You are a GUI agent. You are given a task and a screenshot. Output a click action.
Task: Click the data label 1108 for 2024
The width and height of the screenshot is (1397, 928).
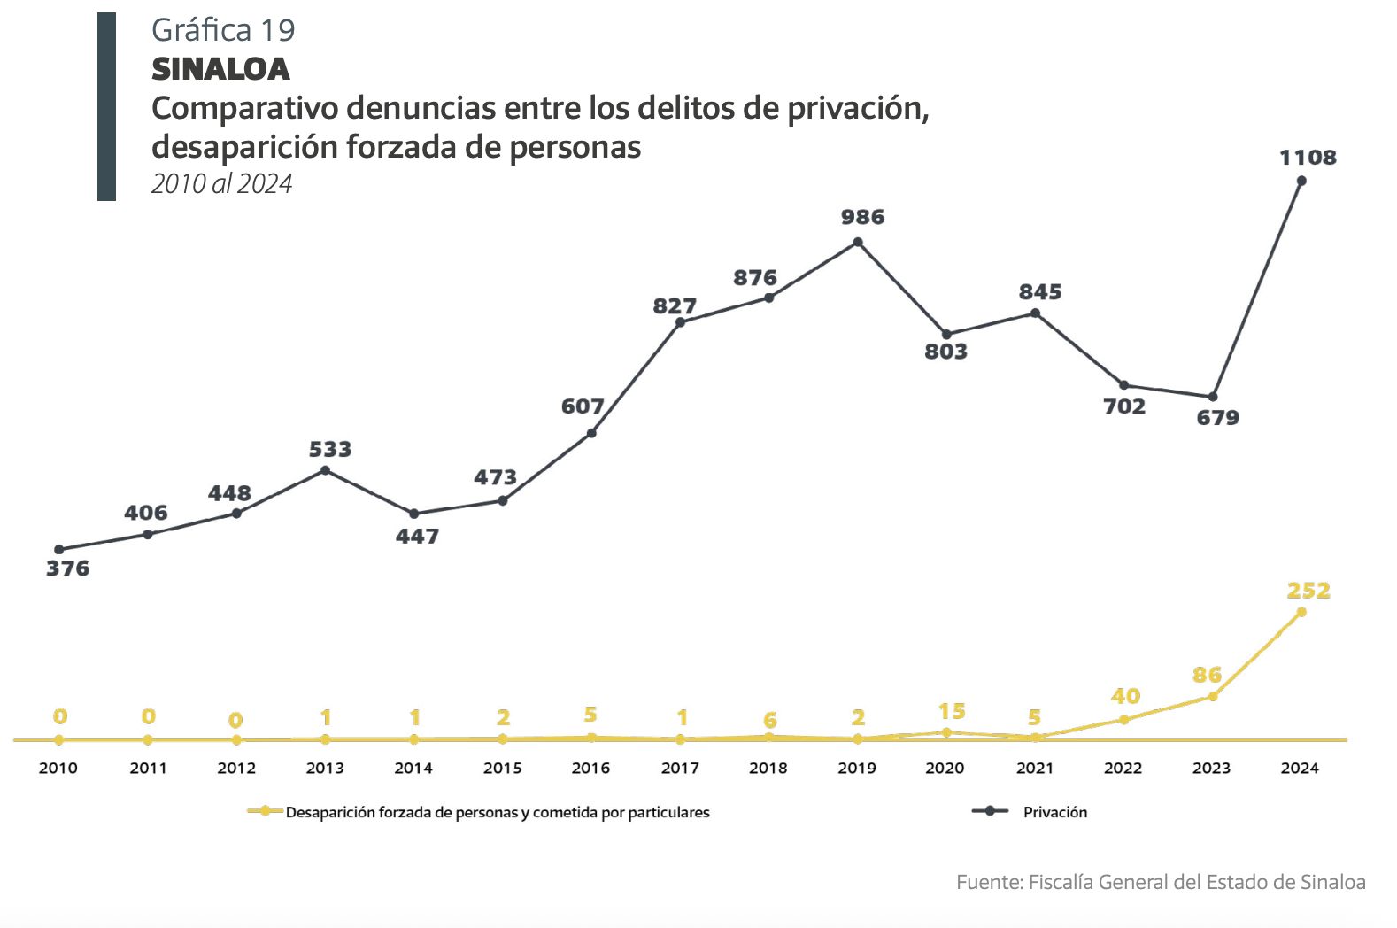coord(1308,158)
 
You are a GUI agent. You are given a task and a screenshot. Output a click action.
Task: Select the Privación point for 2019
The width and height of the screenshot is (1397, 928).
coord(858,242)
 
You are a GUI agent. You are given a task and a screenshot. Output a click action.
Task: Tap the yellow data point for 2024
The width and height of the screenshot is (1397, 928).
coord(1301,612)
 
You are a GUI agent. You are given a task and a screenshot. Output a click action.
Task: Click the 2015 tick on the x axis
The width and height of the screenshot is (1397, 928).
coord(502,768)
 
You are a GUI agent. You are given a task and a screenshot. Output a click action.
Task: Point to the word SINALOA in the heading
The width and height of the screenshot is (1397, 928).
coord(220,69)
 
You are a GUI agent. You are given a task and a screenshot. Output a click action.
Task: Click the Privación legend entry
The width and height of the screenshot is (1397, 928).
coord(1054,812)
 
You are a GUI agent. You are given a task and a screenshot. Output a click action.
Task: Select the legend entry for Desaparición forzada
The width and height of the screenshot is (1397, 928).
coord(497,812)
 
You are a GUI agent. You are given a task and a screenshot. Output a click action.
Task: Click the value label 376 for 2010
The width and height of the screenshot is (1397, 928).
coord(67,568)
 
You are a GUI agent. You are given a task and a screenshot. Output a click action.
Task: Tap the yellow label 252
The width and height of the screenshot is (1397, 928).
coord(1308,591)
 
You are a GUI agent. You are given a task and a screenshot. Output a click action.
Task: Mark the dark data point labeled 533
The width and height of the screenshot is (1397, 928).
coord(325,470)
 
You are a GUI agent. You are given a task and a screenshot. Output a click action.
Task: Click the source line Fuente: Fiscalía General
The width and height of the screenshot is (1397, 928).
coord(1160,882)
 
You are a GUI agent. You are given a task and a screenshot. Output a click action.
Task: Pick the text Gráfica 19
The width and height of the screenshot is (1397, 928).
coord(223,30)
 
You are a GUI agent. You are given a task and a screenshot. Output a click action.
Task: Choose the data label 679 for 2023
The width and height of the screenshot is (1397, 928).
coord(1217,418)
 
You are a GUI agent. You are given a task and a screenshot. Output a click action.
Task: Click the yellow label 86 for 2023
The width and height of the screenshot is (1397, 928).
coord(1207,675)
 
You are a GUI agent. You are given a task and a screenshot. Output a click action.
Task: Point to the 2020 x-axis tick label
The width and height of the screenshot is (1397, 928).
coord(945,768)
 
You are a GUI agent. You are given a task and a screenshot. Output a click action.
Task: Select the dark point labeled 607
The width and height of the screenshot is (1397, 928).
coord(591,433)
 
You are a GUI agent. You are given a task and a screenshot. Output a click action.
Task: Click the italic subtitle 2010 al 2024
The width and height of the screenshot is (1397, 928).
coord(221,183)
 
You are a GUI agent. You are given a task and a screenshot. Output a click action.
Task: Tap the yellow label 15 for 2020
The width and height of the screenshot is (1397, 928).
coord(952,712)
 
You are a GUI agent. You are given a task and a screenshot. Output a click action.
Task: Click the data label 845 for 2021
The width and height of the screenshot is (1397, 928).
coord(1039,292)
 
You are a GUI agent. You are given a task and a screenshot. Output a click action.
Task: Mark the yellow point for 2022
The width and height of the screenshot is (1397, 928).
coord(1123,720)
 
